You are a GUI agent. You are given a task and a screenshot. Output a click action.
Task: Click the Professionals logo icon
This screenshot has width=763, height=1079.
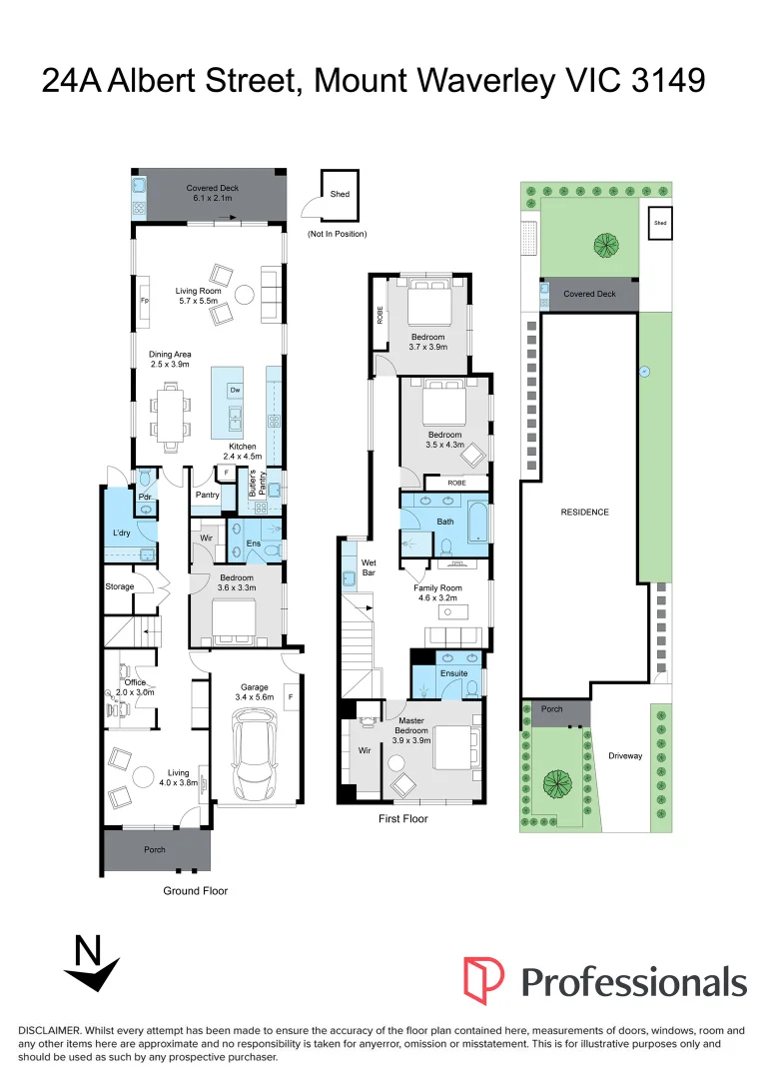(483, 980)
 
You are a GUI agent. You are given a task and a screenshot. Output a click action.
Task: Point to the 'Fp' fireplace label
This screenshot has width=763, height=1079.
(144, 301)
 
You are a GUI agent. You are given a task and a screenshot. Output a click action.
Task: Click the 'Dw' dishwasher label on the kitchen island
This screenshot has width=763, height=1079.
(235, 390)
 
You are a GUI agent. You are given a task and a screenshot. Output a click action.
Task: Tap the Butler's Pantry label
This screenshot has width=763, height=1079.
(253, 485)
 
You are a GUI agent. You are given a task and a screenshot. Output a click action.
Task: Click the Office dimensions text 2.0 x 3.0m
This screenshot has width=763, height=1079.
(129, 691)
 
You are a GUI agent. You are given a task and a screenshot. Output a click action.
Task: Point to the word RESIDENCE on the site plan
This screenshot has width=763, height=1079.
(584, 512)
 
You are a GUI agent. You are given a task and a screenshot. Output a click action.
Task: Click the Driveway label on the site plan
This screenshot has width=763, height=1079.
(625, 756)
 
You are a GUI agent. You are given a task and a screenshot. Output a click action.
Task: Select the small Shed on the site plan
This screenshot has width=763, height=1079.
(659, 224)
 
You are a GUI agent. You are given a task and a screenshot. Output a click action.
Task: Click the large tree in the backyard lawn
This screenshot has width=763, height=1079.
(603, 243)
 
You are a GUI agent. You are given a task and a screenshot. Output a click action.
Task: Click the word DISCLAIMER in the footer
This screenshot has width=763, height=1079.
(50, 1030)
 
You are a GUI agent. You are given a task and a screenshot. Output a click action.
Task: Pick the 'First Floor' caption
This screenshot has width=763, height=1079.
(402, 819)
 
